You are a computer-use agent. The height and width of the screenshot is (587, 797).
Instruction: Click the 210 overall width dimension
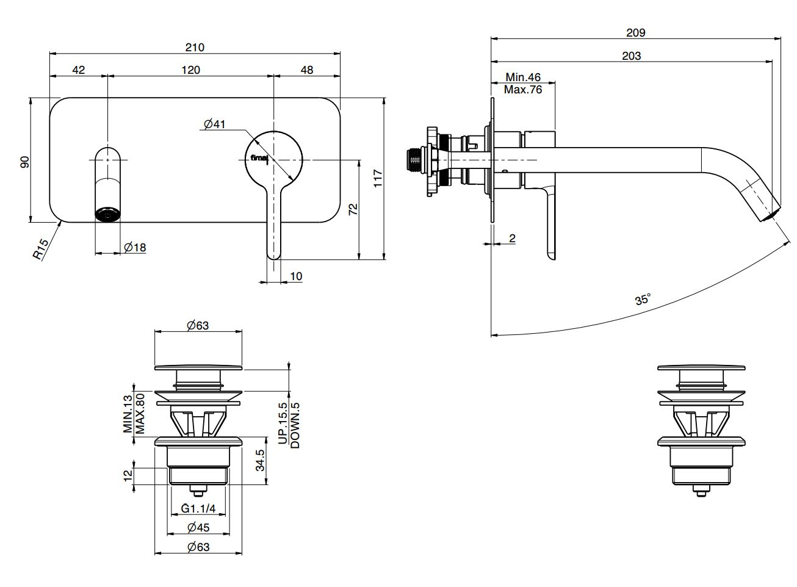click(x=195, y=47)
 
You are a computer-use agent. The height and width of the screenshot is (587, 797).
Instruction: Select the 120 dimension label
click(x=190, y=70)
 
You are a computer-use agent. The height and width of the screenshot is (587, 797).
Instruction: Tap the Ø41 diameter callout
click(x=215, y=124)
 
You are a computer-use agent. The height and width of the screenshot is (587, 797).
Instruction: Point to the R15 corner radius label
click(x=41, y=249)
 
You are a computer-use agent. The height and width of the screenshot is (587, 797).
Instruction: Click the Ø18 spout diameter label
click(x=134, y=247)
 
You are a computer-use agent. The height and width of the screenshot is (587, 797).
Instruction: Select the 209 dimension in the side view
click(x=635, y=32)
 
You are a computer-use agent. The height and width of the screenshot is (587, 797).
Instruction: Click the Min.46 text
click(x=524, y=77)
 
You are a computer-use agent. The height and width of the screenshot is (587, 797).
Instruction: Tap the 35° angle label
click(x=643, y=300)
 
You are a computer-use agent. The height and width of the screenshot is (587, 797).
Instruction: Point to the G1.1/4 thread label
click(x=198, y=508)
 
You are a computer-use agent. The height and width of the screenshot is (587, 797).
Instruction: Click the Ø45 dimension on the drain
click(x=198, y=527)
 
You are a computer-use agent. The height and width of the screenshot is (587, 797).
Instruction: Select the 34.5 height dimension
click(x=261, y=461)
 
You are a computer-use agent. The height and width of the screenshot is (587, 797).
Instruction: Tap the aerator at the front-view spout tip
click(x=108, y=214)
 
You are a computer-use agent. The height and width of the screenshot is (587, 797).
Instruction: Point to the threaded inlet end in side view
click(x=415, y=159)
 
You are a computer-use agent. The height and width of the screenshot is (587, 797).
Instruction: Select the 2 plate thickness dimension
click(x=511, y=238)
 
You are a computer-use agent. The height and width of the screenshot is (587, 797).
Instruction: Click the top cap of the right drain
click(x=701, y=368)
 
